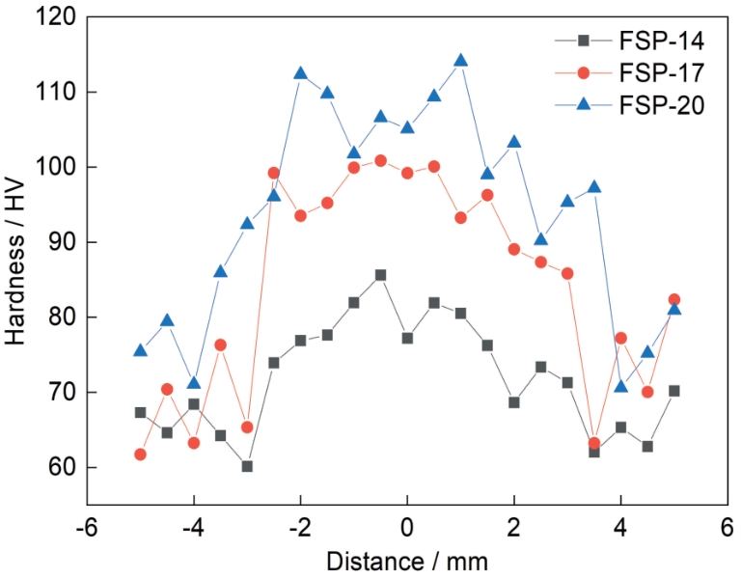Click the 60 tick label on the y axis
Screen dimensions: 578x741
(x=63, y=467)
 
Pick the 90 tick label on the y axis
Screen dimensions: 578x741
(x=63, y=242)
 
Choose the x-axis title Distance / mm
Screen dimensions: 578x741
(x=407, y=561)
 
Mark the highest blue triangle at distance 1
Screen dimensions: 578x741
(x=460, y=61)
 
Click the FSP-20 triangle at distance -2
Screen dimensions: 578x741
(x=300, y=73)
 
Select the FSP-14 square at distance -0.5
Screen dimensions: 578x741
(x=380, y=275)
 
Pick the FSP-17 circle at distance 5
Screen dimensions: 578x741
(x=673, y=299)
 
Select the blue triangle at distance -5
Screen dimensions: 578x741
(x=140, y=350)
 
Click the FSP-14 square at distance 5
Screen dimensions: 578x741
(x=673, y=391)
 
